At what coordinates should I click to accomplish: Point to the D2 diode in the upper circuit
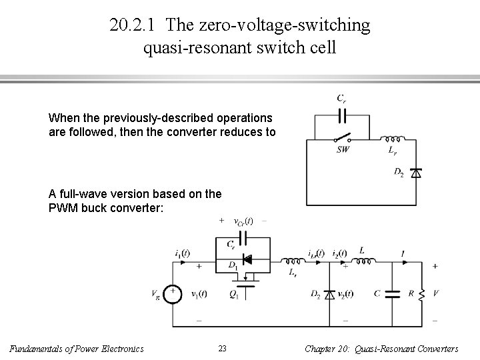417,173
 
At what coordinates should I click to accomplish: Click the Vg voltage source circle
172,295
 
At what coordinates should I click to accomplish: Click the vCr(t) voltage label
242,221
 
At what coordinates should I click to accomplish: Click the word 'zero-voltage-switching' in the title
269,25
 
